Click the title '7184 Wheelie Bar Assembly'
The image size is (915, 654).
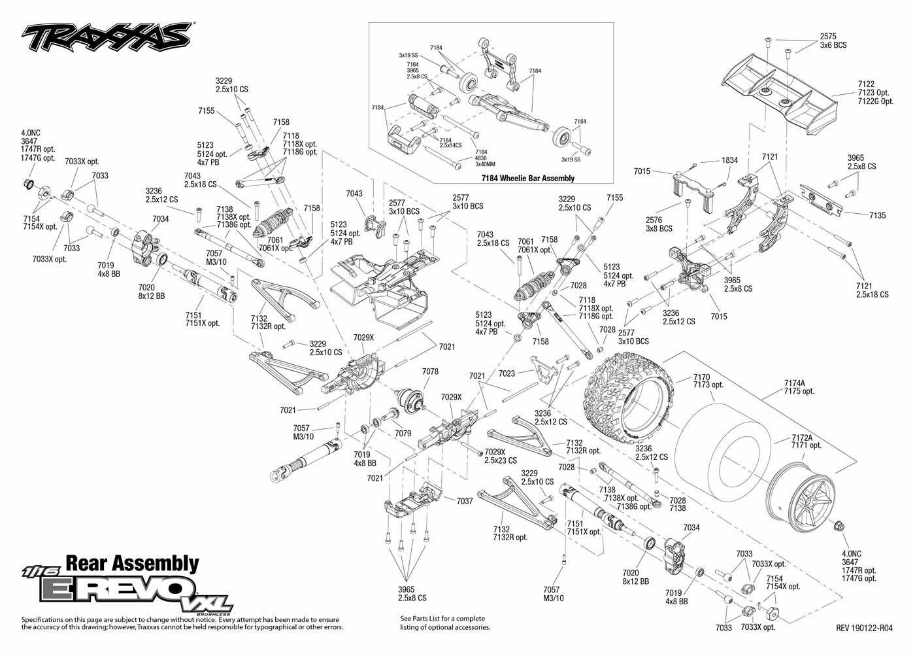pos(527,178)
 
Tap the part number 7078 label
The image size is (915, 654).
pos(430,371)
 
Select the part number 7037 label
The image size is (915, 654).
pos(465,501)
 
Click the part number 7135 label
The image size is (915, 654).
pos(877,215)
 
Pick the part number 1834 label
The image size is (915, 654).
pos(730,160)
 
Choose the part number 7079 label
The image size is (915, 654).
pos(403,433)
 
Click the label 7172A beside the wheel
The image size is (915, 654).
pos(802,437)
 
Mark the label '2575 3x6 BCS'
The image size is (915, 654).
pos(833,41)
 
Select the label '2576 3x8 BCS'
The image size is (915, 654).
pos(659,224)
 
